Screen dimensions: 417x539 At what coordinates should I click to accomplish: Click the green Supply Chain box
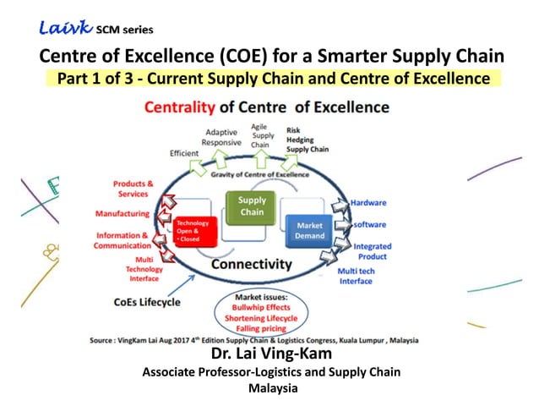tap(252, 206)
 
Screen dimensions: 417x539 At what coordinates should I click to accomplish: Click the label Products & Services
tap(133, 189)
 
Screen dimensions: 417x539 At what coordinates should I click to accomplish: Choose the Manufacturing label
tap(122, 213)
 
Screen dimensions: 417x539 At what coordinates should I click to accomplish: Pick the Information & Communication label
tap(122, 240)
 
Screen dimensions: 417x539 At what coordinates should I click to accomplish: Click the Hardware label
tap(368, 203)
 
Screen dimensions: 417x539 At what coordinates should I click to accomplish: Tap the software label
tap(369, 224)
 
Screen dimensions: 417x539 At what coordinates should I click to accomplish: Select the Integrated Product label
tap(372, 251)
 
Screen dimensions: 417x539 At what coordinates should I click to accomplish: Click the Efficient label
tap(183, 153)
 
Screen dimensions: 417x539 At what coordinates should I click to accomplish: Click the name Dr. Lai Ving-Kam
tap(269, 355)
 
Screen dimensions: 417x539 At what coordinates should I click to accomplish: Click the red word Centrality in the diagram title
tap(181, 107)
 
